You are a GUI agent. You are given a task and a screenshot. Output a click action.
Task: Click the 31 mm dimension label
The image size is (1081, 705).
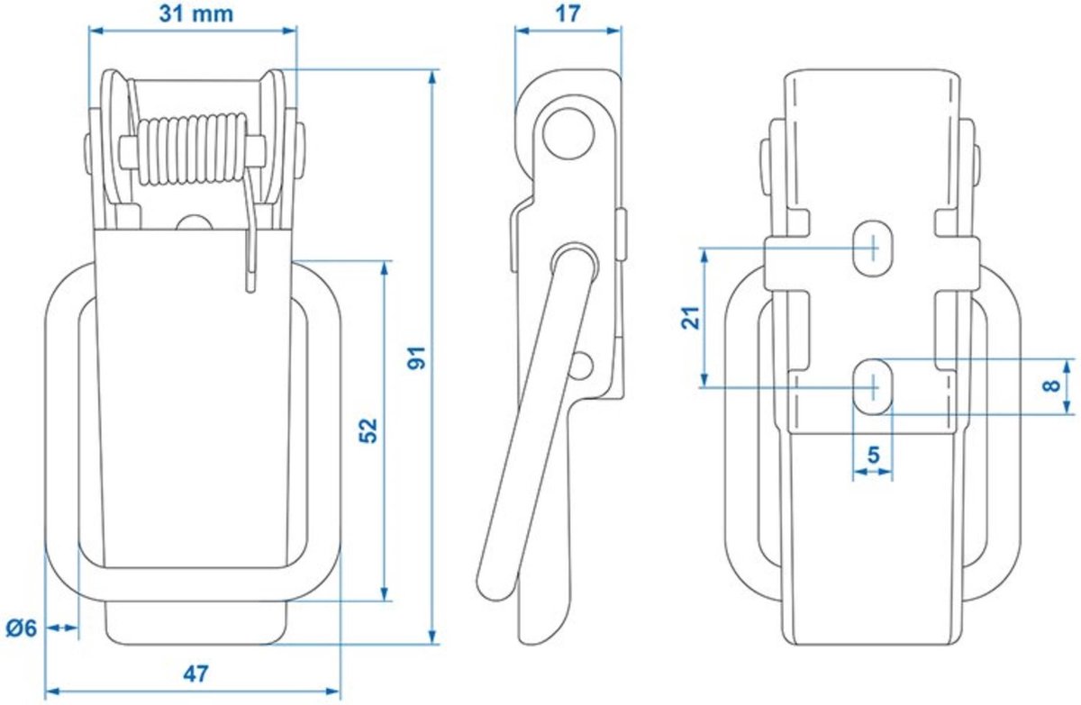click(x=195, y=14)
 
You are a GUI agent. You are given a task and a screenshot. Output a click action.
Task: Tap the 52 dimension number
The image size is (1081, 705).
click(x=368, y=429)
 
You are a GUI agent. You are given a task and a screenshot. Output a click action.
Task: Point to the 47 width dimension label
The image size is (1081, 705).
click(x=195, y=673)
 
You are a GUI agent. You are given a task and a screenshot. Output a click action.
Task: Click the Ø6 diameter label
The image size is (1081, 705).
click(x=21, y=628)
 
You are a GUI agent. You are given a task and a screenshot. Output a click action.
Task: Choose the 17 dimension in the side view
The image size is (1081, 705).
click(x=568, y=14)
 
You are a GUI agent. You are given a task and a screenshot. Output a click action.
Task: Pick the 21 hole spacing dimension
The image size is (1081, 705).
click(x=690, y=317)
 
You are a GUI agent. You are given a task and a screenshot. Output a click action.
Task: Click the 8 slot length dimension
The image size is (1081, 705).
click(x=1048, y=386)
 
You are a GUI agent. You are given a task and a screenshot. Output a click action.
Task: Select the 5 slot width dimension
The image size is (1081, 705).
click(x=872, y=455)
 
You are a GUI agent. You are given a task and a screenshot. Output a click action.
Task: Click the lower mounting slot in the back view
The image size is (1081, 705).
click(x=872, y=386)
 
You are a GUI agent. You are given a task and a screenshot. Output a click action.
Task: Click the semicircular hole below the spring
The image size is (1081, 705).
click(x=193, y=222)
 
